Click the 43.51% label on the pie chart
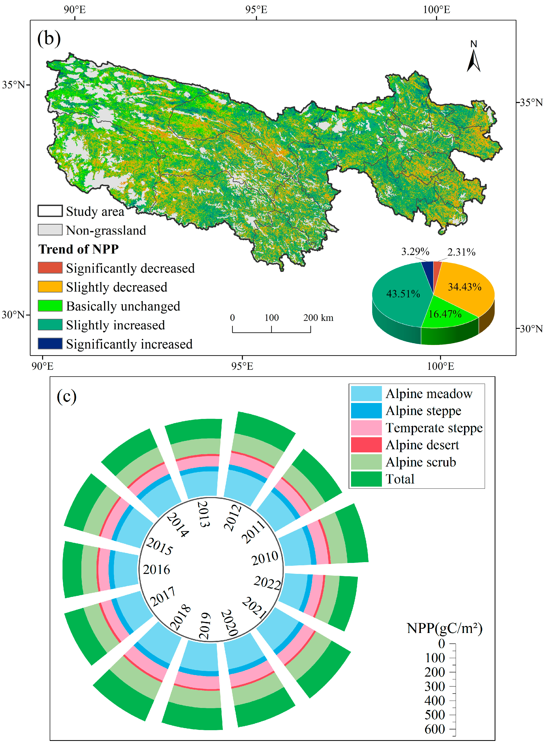pos(403,294)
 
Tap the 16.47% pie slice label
pos(445,314)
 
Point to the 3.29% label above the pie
pos(415,252)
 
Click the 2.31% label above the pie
pos(461,252)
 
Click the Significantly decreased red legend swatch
pos(50,268)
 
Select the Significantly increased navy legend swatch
pos(50,344)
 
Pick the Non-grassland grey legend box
pos(50,230)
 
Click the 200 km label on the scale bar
pos(318,318)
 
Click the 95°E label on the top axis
pos(256,10)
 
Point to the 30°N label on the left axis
pos(13,314)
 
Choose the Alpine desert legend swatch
pos(366,445)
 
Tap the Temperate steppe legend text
pos(434,428)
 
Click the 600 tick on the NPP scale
pos(435,729)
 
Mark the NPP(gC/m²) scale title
pos(444,628)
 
